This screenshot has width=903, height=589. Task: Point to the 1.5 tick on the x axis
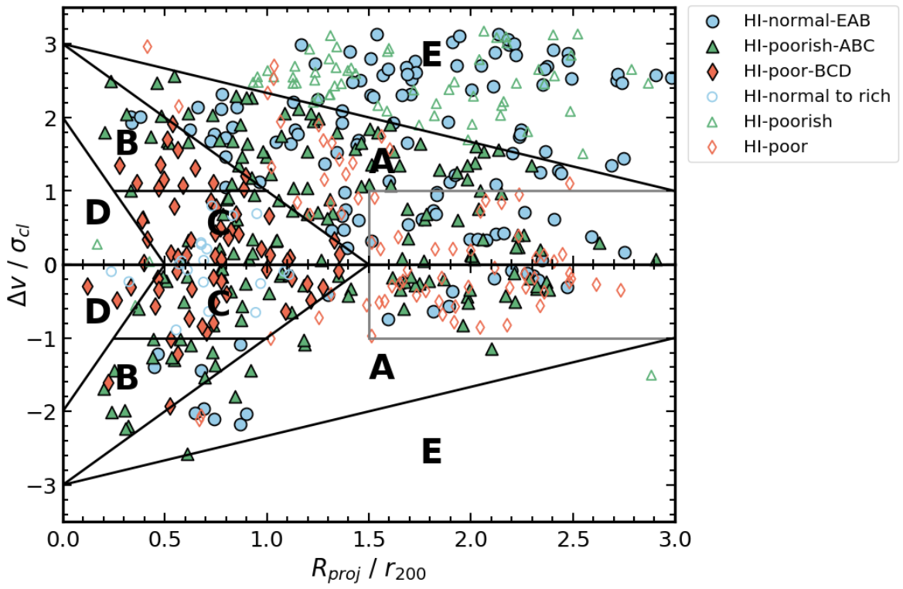369,537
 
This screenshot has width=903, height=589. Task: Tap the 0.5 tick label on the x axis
165,537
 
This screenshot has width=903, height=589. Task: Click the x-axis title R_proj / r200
369,570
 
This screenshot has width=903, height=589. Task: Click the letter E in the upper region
431,54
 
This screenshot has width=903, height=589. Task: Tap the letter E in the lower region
431,451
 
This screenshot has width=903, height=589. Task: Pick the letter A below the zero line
381,369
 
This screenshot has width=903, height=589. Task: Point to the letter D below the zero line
97,312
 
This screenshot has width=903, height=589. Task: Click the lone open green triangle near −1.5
651,376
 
